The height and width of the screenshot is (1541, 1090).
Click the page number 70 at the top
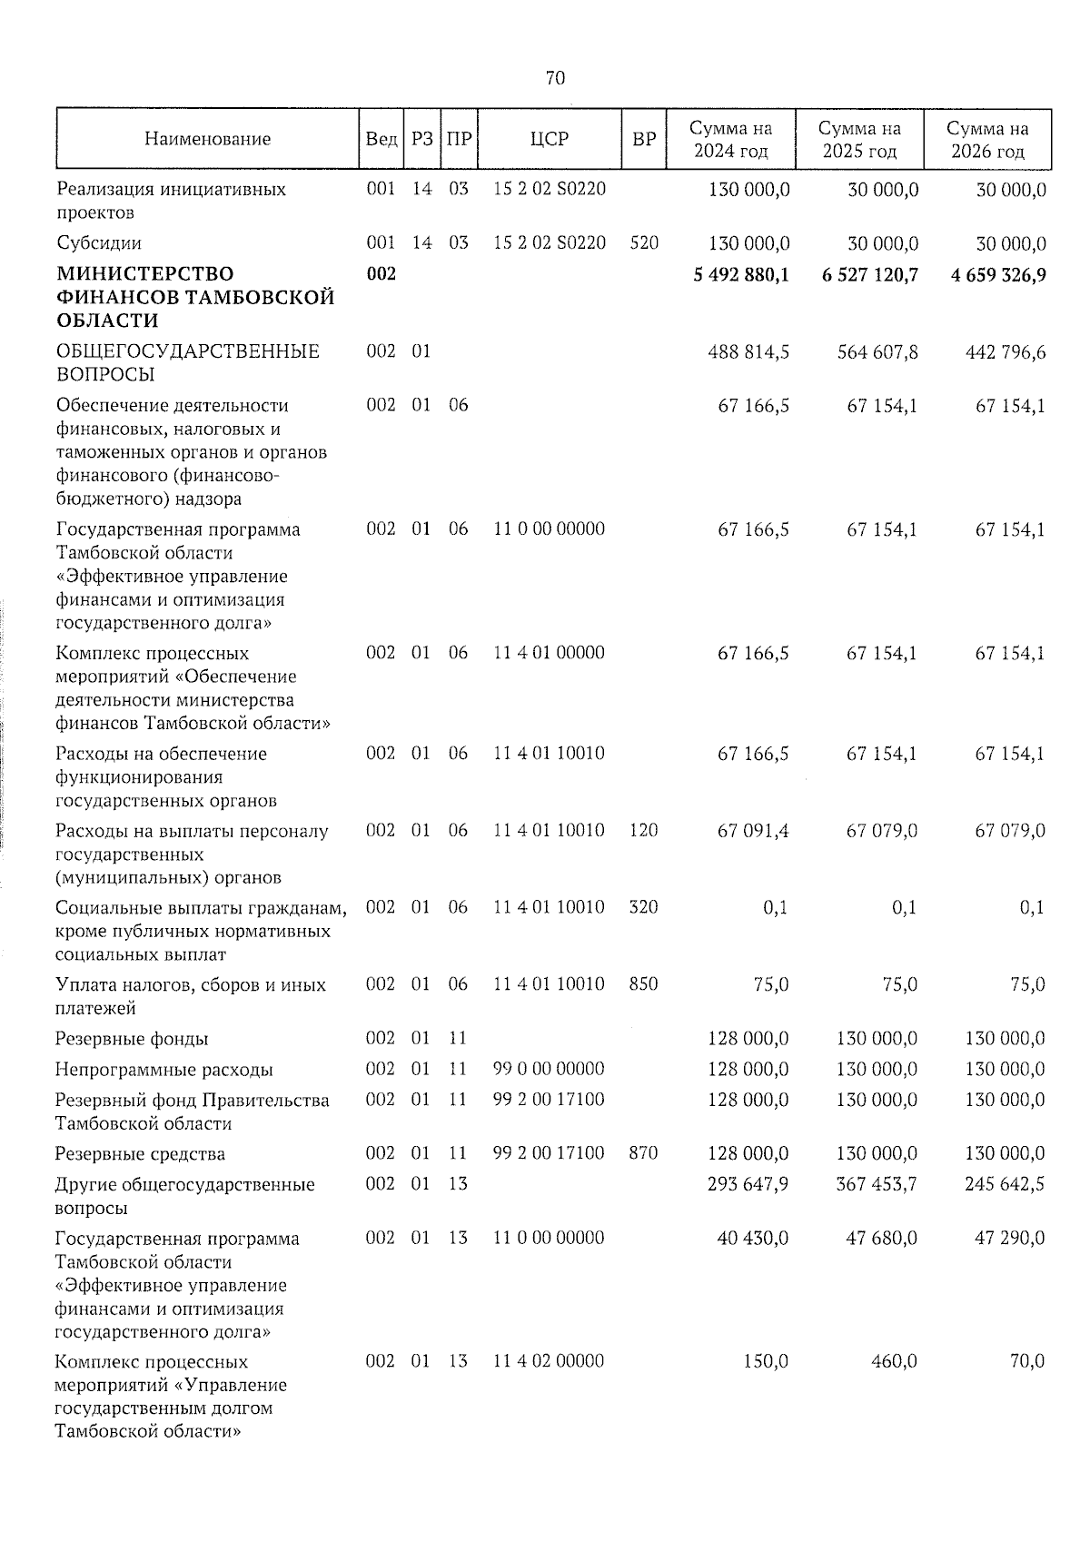click(x=555, y=79)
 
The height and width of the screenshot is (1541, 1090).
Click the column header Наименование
click(x=207, y=139)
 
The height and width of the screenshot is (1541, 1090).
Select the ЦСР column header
click(x=549, y=139)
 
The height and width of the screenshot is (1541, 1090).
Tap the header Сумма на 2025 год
click(x=859, y=140)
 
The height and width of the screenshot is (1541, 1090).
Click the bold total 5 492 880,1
click(x=740, y=274)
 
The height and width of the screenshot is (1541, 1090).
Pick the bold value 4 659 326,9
click(x=998, y=274)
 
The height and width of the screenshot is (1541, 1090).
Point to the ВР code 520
click(x=643, y=243)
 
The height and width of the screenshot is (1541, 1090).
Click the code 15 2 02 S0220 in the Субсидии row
click(x=549, y=243)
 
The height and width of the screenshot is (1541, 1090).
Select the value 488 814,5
click(x=748, y=351)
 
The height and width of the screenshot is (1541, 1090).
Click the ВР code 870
click(x=643, y=1153)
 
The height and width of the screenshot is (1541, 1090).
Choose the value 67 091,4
click(x=753, y=831)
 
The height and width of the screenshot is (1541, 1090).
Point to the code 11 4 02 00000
click(x=549, y=1361)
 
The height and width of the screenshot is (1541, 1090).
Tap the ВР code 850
click(x=643, y=984)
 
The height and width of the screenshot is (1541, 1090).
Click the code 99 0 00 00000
click(x=549, y=1069)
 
